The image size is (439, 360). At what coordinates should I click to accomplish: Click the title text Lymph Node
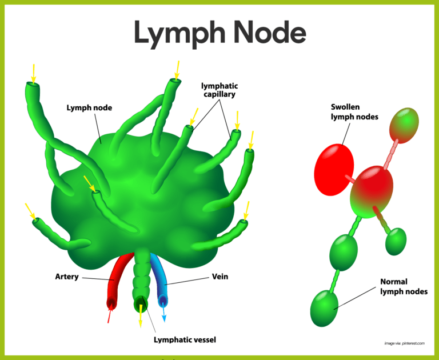[219, 33]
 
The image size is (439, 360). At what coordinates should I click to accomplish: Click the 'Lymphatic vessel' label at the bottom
[185, 340]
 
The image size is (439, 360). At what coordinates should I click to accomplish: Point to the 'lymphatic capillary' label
[219, 90]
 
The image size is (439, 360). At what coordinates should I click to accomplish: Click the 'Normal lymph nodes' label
[404, 287]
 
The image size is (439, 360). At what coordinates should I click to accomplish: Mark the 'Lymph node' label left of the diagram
[89, 107]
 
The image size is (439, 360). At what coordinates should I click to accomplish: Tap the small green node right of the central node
[396, 241]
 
